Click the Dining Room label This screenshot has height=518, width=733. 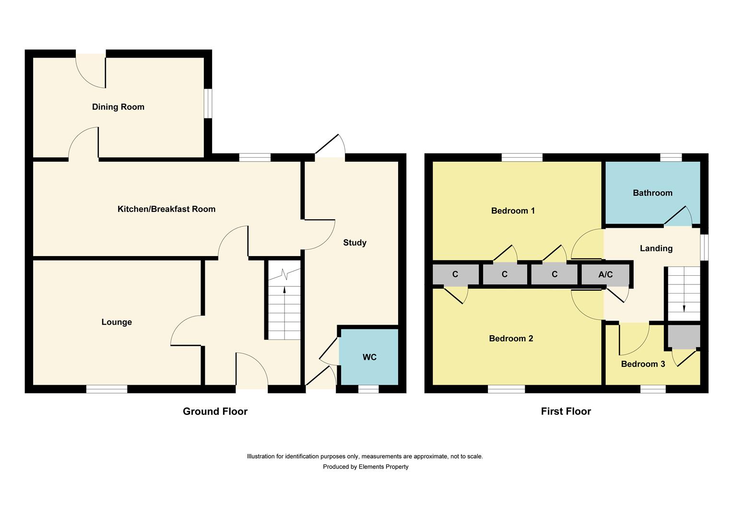[x=118, y=107]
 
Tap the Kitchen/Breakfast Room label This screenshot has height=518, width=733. [x=166, y=209]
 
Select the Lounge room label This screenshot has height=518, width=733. [x=117, y=322]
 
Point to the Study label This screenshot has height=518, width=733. [x=355, y=243]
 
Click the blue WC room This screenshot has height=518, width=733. [x=369, y=357]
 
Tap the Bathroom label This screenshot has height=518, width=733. [x=652, y=193]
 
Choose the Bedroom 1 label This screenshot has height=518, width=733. [x=513, y=211]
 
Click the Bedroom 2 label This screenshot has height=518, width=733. [x=511, y=339]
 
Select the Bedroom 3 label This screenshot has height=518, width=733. [x=643, y=364]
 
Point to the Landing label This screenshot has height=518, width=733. [x=656, y=248]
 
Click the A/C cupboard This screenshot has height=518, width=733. [x=605, y=275]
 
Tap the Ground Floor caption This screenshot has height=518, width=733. [x=215, y=412]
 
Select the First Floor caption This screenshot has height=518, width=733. [x=566, y=412]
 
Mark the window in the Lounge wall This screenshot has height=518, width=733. [x=106, y=389]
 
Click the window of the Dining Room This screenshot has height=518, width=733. [x=208, y=103]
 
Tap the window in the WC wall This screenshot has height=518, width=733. [x=368, y=389]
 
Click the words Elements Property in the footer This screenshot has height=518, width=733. [x=383, y=467]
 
